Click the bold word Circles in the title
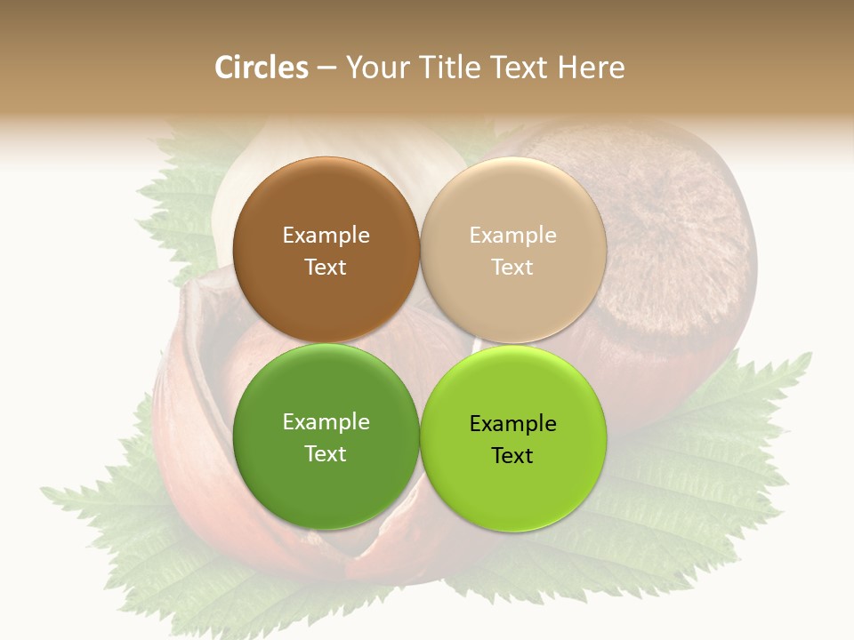click(x=261, y=68)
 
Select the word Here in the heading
click(x=591, y=68)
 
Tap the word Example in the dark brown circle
click(x=326, y=235)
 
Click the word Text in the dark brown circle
click(x=326, y=267)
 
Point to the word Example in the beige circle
click(x=512, y=235)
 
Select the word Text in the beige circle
click(x=512, y=267)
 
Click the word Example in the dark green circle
click(x=326, y=422)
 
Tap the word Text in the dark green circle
click(x=326, y=453)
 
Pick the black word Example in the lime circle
click(x=512, y=424)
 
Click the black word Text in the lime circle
click(x=512, y=456)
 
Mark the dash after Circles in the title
click(x=326, y=68)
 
